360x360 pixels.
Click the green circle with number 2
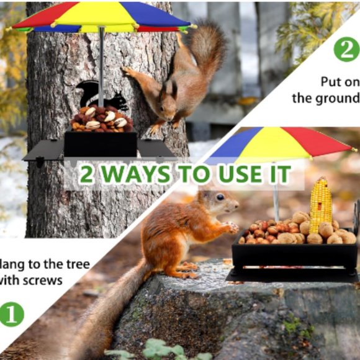click(346, 48)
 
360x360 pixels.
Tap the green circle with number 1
click(11, 313)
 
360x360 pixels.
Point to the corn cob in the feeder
click(320, 205)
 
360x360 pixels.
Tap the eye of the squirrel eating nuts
click(220, 197)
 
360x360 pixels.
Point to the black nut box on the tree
click(101, 143)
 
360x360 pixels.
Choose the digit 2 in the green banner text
click(88, 175)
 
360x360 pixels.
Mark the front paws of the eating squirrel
click(230, 228)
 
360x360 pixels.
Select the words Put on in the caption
click(340, 81)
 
